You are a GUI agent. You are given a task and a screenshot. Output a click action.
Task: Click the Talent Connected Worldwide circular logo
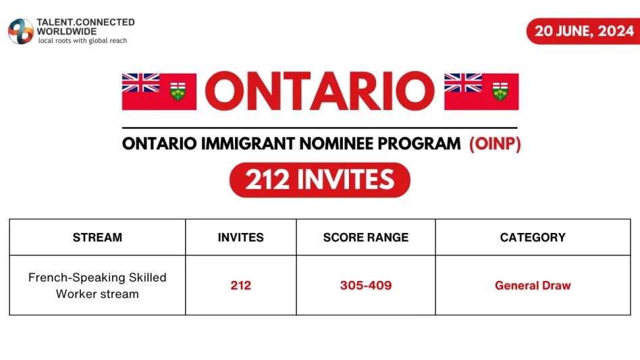pyautogui.click(x=20, y=31)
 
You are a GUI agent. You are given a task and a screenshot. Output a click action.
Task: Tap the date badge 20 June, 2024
pyautogui.click(x=583, y=31)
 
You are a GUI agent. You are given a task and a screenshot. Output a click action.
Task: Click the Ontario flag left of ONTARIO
pyautogui.click(x=159, y=91)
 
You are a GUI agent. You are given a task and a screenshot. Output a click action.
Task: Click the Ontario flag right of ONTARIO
pyautogui.click(x=481, y=91)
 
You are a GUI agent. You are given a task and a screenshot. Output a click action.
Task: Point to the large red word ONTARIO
pyautogui.click(x=320, y=91)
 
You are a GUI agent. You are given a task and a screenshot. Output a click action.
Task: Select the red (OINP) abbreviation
pyautogui.click(x=495, y=144)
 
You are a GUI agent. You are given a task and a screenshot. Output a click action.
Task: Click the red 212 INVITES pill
pyautogui.click(x=320, y=180)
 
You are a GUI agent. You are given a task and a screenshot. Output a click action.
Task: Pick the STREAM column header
pyautogui.click(x=97, y=237)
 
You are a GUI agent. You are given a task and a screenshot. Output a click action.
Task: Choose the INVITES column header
pyautogui.click(x=240, y=237)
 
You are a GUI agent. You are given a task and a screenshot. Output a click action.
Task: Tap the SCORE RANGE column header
pyautogui.click(x=365, y=237)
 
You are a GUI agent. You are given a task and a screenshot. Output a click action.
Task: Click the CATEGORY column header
pyautogui.click(x=533, y=237)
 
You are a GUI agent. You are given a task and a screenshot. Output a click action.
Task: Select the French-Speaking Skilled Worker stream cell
pyautogui.click(x=97, y=285)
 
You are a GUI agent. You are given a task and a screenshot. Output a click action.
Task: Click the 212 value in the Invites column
pyautogui.click(x=240, y=285)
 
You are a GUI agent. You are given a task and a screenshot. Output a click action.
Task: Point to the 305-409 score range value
pyautogui.click(x=365, y=285)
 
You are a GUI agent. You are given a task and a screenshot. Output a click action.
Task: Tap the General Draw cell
pyautogui.click(x=533, y=285)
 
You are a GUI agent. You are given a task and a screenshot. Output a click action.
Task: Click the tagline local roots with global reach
pyautogui.click(x=82, y=41)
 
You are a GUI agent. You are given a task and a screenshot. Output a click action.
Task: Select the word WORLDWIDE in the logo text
pyautogui.click(x=67, y=31)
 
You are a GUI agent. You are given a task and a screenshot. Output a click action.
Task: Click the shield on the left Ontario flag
pyautogui.click(x=178, y=93)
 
